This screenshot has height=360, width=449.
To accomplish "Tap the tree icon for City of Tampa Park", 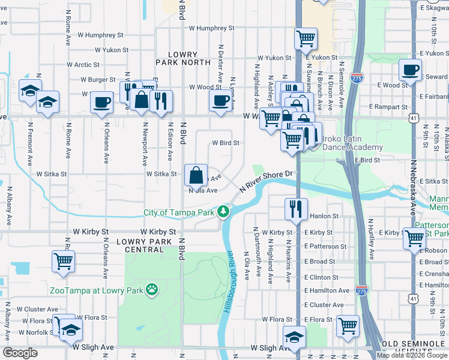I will click(x=223, y=212).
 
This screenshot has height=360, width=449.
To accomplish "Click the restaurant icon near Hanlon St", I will click(x=294, y=209).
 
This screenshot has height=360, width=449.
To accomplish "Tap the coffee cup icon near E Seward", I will click(x=411, y=70).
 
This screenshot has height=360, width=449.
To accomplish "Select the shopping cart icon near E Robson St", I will click(x=414, y=238).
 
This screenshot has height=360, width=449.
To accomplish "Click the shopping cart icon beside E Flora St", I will click(x=348, y=326).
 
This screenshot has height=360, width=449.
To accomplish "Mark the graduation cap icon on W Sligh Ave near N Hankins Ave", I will click(x=294, y=337).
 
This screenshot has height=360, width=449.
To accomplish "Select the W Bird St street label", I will click(x=226, y=143).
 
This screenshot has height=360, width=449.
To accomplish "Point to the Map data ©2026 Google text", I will click(x=412, y=355).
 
